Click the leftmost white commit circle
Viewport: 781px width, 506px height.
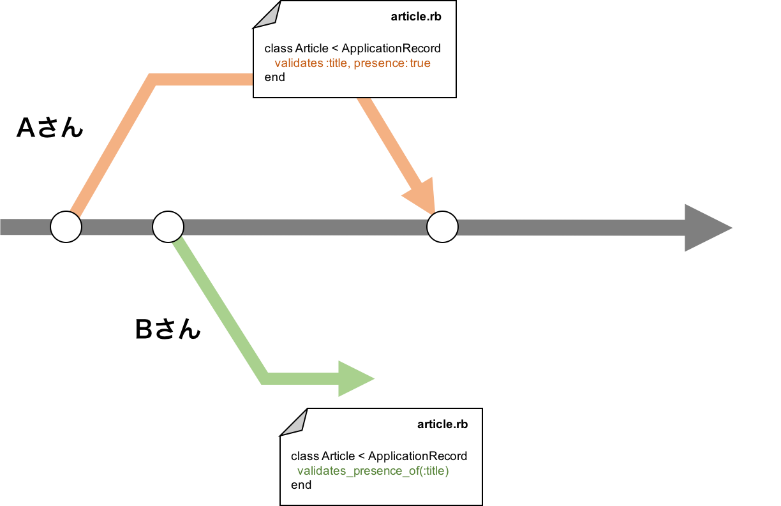click(66, 227)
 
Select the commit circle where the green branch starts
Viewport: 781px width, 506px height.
click(168, 227)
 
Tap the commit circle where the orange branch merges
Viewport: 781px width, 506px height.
click(442, 227)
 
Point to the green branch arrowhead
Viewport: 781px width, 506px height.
click(355, 378)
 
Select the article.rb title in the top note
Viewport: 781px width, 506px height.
click(415, 17)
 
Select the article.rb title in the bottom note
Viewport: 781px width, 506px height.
click(442, 424)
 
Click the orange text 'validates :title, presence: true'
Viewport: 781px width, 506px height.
click(352, 63)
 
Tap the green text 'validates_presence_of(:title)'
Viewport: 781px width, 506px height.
click(373, 471)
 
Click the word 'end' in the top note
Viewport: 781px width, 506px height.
click(274, 77)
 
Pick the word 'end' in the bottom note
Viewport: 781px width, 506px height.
click(301, 485)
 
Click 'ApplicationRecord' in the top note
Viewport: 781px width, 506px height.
click(391, 48)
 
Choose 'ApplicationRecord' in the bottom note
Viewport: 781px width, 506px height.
click(417, 456)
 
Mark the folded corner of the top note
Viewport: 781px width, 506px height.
click(268, 14)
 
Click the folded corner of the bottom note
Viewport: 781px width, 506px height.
click(295, 422)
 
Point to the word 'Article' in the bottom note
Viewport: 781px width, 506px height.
click(338, 456)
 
